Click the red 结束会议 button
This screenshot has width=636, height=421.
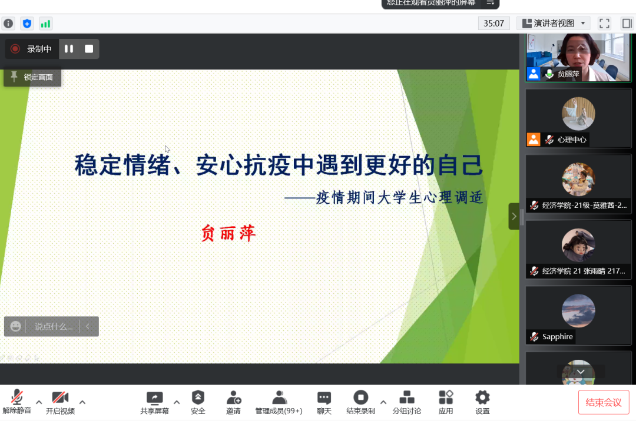[604, 402]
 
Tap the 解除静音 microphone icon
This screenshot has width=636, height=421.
[17, 397]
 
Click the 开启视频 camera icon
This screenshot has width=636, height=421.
[60, 397]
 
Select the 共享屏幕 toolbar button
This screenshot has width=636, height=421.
[154, 398]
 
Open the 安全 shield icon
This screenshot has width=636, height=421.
[198, 397]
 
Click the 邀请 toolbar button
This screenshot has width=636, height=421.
[234, 397]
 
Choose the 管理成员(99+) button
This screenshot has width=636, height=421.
[279, 397]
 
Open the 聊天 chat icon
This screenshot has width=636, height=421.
[324, 397]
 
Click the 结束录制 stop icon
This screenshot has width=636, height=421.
[360, 397]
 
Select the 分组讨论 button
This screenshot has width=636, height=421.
[407, 397]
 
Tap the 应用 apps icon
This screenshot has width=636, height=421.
[446, 397]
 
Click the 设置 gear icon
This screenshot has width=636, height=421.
[482, 397]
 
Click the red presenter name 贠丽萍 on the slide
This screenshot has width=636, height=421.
[228, 234]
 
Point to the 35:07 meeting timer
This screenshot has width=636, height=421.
[494, 24]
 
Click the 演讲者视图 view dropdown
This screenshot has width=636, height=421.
[553, 24]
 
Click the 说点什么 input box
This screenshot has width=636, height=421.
[54, 326]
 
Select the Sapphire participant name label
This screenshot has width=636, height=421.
[557, 337]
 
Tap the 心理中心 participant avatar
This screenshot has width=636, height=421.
[578, 114]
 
